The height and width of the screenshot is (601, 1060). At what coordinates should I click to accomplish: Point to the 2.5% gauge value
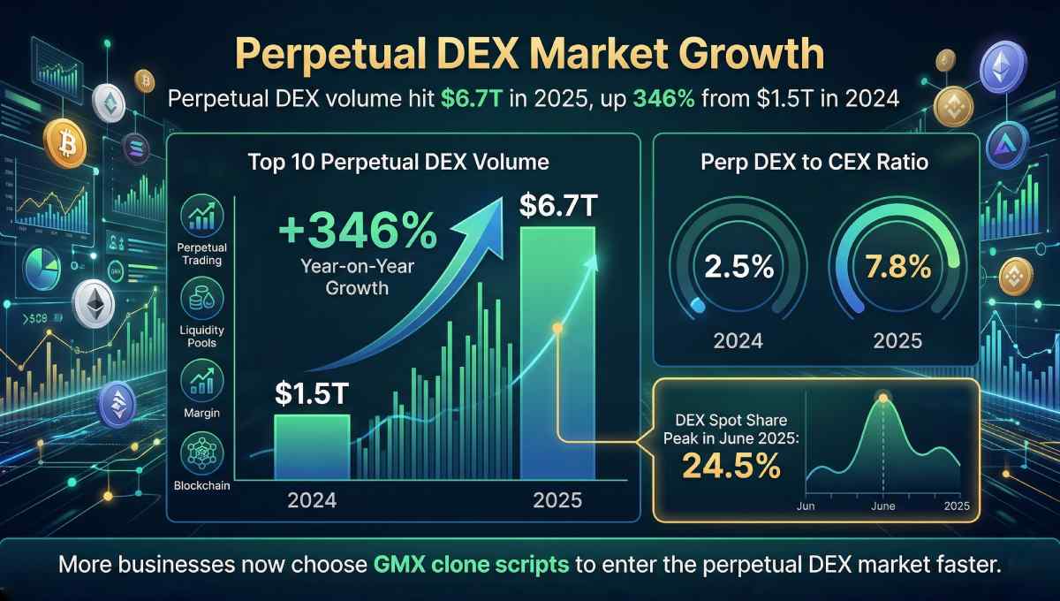pos(725,266)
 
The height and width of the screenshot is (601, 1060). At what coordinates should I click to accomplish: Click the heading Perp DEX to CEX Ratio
pos(814,163)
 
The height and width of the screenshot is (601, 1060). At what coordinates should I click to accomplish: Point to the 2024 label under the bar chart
pos(312,499)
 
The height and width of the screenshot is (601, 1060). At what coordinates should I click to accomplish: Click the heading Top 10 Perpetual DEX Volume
pos(398,163)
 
